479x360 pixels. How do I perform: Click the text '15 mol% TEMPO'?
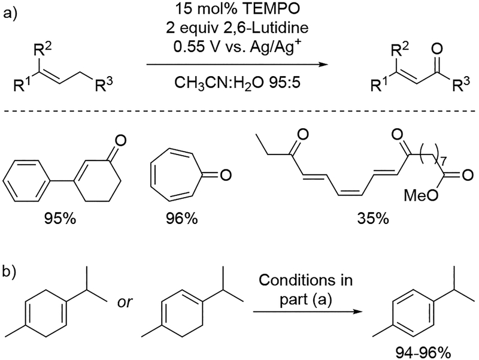click(x=239, y=10)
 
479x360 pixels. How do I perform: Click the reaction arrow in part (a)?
click(x=239, y=63)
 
